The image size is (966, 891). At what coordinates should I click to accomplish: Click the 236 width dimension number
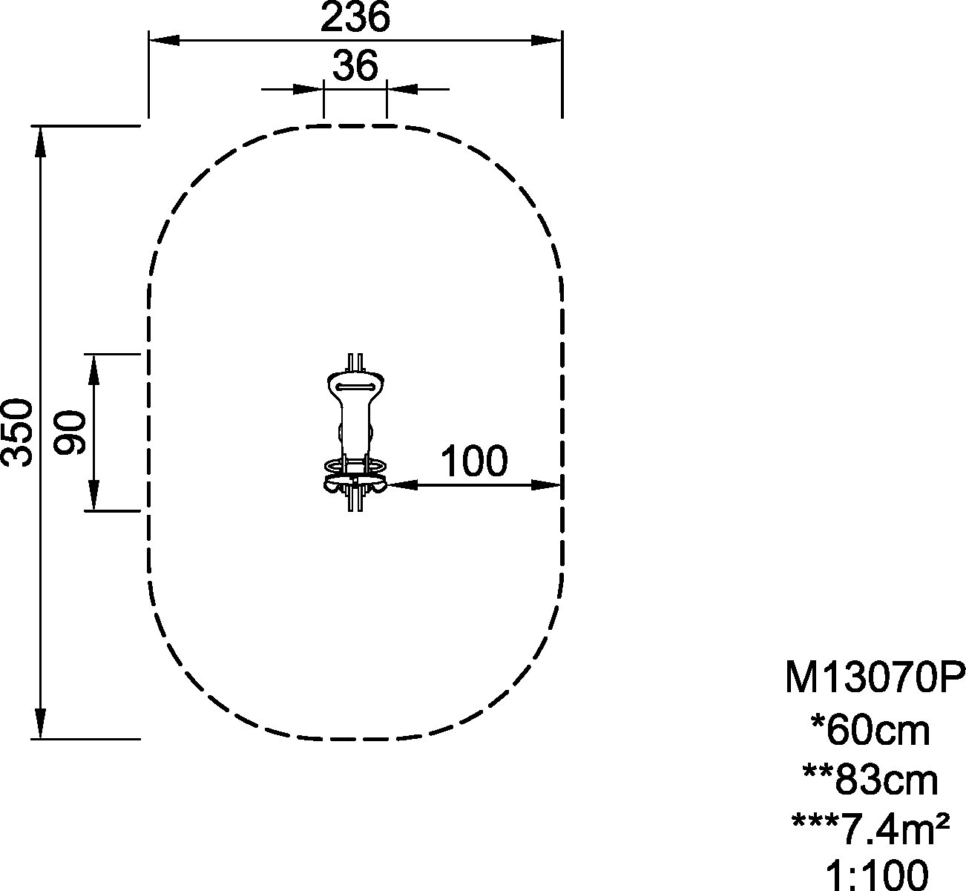tap(355, 18)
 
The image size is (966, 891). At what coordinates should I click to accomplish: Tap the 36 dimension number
tap(355, 66)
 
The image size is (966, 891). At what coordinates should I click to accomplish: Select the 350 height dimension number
tap(16, 433)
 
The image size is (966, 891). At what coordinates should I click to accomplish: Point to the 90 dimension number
tap(70, 433)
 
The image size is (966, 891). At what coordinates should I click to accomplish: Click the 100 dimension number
tap(474, 461)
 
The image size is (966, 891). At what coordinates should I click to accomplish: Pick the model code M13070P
tap(875, 678)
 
